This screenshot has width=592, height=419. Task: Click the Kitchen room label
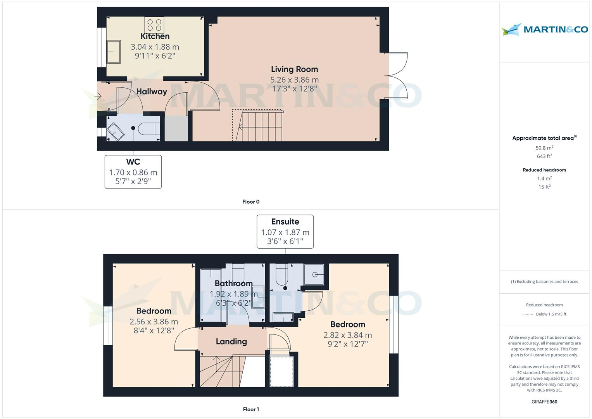coord(155,36)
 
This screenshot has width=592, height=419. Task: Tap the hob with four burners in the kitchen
coord(154,25)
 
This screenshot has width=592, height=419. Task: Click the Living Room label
coord(294,69)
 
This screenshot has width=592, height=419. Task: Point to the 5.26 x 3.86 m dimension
coord(294,80)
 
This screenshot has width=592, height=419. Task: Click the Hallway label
coord(152,92)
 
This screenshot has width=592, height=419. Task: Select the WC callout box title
coord(133,162)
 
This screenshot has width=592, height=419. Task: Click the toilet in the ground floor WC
coord(149,128)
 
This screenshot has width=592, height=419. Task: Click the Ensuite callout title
coord(285,222)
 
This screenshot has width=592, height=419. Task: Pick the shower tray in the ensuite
coord(314,274)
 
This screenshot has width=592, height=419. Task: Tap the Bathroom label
coord(233,283)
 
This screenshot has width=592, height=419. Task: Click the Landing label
coord(231,341)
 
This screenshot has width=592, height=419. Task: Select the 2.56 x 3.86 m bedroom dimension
coord(154,322)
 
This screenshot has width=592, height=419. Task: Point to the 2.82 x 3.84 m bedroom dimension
coord(347,335)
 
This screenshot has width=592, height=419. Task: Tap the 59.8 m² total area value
coord(544,148)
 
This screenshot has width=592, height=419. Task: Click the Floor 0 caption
coord(251,202)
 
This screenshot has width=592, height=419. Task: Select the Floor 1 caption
coord(251,409)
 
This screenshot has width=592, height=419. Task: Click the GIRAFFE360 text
coord(544,402)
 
